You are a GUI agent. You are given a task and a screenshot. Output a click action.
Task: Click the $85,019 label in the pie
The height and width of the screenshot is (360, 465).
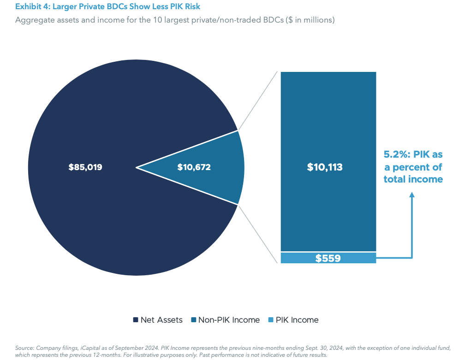click(85, 167)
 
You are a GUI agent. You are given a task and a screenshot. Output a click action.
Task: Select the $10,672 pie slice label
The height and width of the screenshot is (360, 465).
click(194, 167)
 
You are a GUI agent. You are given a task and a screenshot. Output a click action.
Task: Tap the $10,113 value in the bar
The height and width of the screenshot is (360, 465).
click(325, 167)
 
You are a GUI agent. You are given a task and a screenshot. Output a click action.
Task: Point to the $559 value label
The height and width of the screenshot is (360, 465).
click(328, 258)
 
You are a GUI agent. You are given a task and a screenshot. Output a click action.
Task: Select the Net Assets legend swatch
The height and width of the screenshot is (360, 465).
click(136, 320)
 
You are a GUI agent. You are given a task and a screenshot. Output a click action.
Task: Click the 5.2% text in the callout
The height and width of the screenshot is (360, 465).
click(395, 155)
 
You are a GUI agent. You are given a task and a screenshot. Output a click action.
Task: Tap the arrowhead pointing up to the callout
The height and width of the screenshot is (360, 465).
click(412, 195)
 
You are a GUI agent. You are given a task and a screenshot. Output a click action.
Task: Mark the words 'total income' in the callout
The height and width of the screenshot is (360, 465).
click(413, 179)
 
